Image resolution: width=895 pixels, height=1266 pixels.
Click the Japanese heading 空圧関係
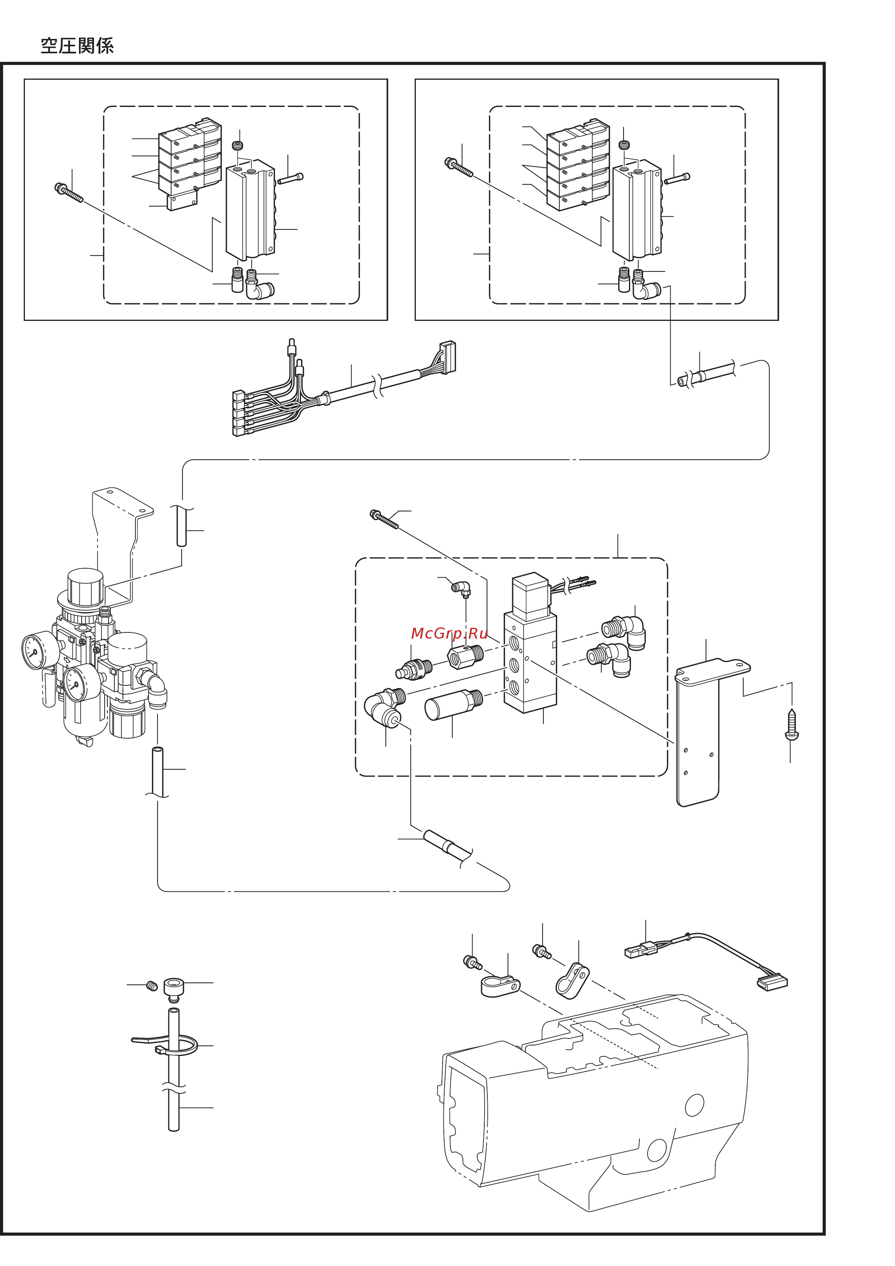point(77,46)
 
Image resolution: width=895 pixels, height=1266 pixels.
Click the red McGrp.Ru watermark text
point(449,633)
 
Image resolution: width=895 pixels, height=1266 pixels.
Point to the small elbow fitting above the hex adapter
point(461,589)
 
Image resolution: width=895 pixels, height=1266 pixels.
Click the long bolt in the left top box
point(69,193)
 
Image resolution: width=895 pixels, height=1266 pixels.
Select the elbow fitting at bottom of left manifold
point(259,288)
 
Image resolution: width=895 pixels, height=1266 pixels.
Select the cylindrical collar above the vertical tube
point(174,987)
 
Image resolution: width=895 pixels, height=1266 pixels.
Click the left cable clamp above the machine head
point(499,986)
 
